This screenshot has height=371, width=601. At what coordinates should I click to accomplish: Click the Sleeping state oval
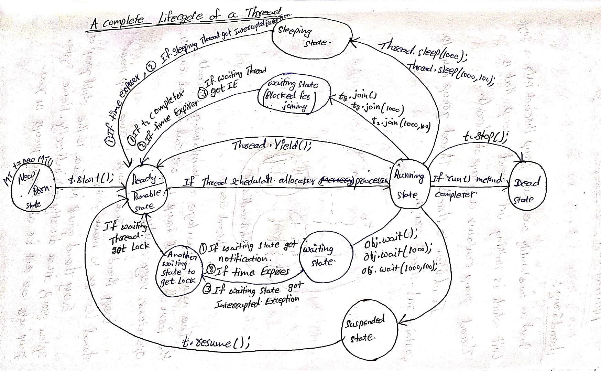[311, 38]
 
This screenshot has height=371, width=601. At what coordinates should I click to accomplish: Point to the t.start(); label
[91, 179]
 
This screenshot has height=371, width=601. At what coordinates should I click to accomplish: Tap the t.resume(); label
[216, 342]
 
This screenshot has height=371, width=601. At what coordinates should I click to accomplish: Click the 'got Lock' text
[131, 246]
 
